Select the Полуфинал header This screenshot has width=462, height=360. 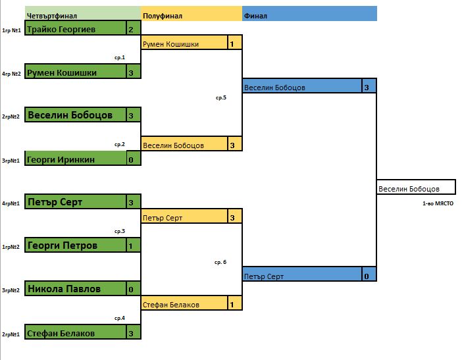163,14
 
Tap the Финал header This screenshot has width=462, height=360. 255,14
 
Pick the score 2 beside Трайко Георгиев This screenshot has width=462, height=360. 132,29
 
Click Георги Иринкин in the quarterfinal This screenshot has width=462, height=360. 62,159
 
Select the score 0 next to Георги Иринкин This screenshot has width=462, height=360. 132,159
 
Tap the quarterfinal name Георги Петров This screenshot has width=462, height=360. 63,246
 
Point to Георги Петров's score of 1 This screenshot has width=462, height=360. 132,246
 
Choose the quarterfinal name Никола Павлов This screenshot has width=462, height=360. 64,289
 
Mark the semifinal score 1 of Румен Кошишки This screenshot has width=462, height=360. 233,44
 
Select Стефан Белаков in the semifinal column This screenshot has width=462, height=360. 172,304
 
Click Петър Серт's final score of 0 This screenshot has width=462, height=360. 367,276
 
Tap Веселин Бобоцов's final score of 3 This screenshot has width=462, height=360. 367,87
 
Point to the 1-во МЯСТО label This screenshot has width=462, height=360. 438,203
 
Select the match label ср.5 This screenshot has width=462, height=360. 220,97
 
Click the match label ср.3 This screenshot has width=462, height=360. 119,231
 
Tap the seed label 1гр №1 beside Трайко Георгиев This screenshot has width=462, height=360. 11,30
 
